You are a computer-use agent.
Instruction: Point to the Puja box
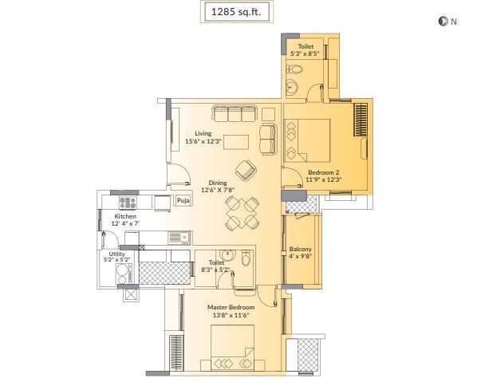click(x=183, y=201)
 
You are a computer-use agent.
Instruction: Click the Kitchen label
click(x=126, y=220)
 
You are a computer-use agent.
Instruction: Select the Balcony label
click(x=301, y=253)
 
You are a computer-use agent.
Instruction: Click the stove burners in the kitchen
click(x=127, y=203)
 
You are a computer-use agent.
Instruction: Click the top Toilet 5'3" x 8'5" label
click(x=306, y=51)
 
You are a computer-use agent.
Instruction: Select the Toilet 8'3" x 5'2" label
click(x=219, y=266)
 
